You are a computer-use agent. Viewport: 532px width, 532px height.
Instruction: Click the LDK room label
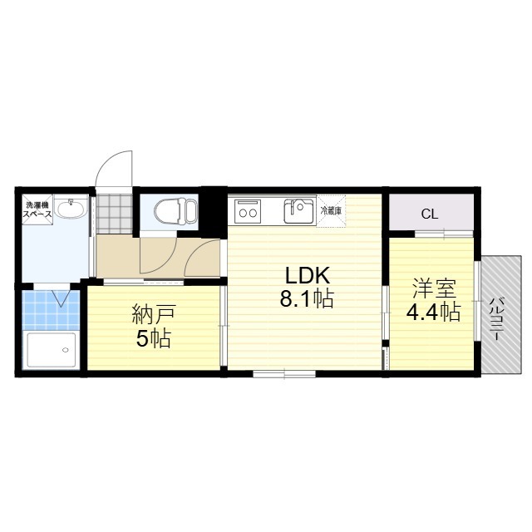click(308, 275)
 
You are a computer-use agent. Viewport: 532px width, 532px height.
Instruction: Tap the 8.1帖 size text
click(307, 299)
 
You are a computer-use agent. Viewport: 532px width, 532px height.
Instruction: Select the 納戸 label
click(154, 314)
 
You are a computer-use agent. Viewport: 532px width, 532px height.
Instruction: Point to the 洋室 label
click(434, 288)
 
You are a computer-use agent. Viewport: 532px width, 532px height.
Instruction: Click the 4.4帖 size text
click(433, 313)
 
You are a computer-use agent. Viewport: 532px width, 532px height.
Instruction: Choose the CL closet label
click(430, 214)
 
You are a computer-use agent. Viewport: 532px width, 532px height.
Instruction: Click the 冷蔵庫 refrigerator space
click(331, 210)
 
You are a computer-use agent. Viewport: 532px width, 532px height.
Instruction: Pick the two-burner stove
click(248, 211)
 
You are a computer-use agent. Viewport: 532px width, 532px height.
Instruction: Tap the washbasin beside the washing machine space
click(71, 207)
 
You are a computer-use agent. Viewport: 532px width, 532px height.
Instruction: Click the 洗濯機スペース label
click(37, 209)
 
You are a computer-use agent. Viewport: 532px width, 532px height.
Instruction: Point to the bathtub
click(52, 351)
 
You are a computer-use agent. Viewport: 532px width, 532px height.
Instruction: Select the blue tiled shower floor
click(51, 310)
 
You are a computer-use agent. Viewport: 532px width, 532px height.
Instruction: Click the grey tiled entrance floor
click(114, 214)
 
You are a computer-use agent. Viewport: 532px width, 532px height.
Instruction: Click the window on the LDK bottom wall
click(284, 374)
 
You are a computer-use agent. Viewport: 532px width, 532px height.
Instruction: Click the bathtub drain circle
click(66, 350)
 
